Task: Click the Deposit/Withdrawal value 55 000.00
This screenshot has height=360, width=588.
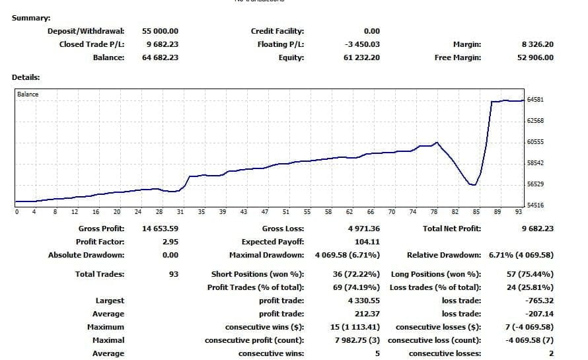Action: [160, 31]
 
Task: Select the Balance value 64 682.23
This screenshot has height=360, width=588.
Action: [160, 57]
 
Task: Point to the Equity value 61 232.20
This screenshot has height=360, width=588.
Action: [361, 57]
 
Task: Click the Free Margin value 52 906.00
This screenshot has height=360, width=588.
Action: [535, 57]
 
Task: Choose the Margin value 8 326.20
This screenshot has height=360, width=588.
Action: [537, 44]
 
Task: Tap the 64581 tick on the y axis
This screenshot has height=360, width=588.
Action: [535, 100]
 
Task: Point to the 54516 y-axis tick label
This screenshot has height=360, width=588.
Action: [535, 205]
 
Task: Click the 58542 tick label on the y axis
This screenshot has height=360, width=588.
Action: [535, 163]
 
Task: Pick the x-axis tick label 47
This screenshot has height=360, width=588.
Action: [264, 212]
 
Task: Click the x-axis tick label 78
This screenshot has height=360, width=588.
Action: [434, 212]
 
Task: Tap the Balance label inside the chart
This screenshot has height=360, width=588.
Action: [28, 94]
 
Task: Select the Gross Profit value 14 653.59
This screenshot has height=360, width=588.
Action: [161, 229]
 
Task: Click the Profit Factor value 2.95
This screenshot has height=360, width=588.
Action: [170, 242]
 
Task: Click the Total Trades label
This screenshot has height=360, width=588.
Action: [100, 274]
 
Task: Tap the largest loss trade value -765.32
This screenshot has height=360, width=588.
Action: [539, 301]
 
